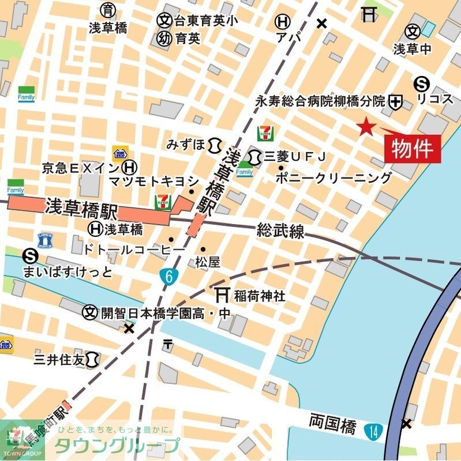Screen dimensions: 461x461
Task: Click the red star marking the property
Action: (365, 127)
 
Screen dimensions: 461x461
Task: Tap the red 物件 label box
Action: (413, 149)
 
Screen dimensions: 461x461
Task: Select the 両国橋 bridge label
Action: (332, 426)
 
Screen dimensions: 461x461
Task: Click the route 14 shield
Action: (372, 429)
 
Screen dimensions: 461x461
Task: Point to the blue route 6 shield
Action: (168, 276)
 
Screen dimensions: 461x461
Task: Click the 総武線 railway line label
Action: (280, 232)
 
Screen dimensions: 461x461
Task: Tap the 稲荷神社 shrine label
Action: (259, 296)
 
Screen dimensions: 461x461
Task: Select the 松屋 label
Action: (207, 262)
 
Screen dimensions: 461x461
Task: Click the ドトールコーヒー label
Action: (134, 249)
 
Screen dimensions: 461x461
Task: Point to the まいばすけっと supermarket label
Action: (68, 271)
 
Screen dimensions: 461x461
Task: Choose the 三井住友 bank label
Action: (58, 360)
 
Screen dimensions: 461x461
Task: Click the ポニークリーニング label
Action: (333, 178)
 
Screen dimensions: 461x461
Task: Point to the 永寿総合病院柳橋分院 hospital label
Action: (320, 101)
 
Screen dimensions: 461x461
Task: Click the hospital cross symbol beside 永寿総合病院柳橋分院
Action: (396, 102)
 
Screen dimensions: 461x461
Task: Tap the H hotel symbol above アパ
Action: (282, 22)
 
